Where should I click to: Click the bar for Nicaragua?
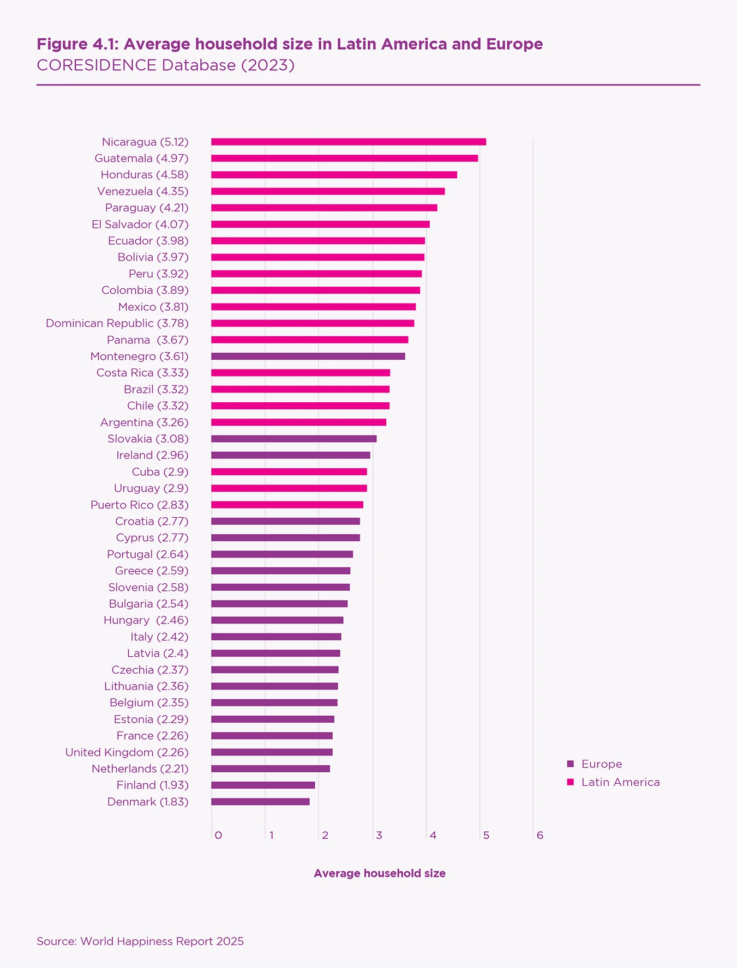click(x=349, y=142)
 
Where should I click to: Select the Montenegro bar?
click(x=308, y=356)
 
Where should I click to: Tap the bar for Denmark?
click(x=260, y=802)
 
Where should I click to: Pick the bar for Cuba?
click(x=289, y=472)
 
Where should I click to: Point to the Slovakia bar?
click(x=294, y=439)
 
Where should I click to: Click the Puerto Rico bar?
click(x=287, y=505)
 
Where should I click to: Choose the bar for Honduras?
click(x=334, y=175)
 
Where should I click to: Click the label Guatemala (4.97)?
click(x=141, y=159)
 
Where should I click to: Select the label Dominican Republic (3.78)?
click(x=117, y=323)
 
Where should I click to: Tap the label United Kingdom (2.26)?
click(x=127, y=752)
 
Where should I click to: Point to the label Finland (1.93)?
click(x=152, y=785)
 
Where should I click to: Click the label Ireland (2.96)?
click(x=152, y=455)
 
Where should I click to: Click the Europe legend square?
click(x=571, y=764)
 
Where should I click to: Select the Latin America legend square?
click(x=571, y=782)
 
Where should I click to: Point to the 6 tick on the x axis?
click(x=540, y=836)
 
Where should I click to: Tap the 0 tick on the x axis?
click(x=218, y=836)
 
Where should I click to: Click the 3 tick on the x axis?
click(x=379, y=836)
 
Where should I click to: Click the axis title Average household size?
click(x=380, y=873)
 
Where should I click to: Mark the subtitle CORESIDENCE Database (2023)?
click(x=166, y=65)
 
